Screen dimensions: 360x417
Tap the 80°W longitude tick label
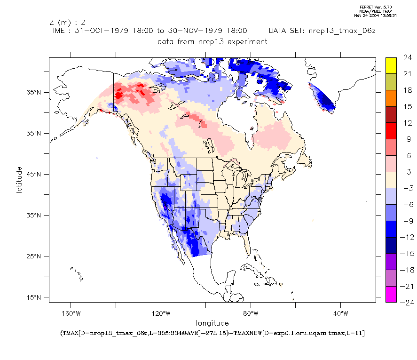251,313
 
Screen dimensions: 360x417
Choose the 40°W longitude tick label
340,313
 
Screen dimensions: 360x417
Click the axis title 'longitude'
212,323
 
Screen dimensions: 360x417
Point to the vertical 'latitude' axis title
19,179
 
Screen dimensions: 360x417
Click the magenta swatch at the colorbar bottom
391,294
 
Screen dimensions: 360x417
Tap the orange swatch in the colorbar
391,98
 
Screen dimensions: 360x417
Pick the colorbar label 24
408,58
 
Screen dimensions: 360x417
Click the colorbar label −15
407,254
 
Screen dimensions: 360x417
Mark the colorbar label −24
407,303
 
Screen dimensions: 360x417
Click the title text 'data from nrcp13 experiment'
212,41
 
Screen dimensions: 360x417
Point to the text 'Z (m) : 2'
67,22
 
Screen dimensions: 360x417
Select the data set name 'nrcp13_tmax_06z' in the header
341,31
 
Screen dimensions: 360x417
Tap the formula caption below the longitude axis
212,333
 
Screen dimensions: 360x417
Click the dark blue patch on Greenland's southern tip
325,100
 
